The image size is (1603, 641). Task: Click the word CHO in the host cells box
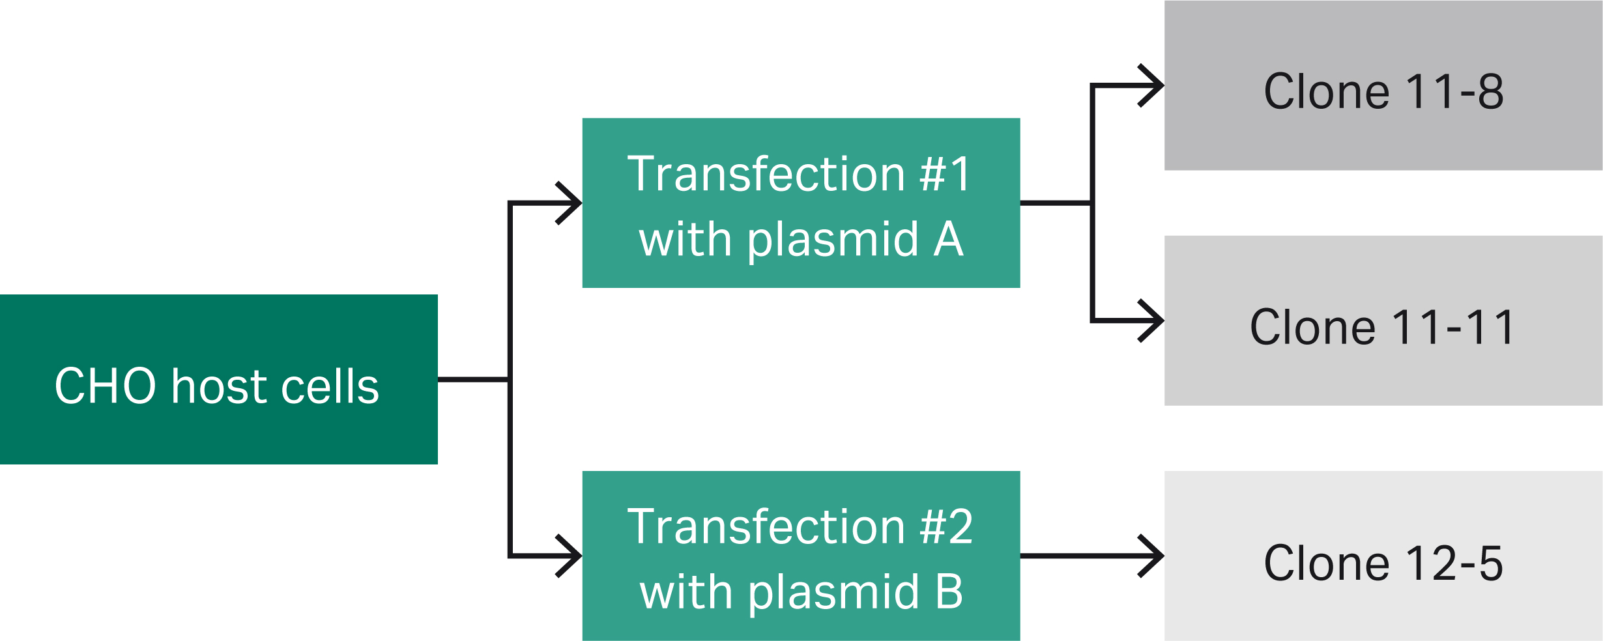(x=105, y=386)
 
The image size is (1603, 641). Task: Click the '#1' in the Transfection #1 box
(x=945, y=175)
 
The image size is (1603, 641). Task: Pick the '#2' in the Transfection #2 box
(x=946, y=527)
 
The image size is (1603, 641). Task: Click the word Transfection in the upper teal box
(x=766, y=175)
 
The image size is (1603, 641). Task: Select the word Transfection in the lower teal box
(x=766, y=527)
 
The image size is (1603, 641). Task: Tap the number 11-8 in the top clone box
(x=1454, y=91)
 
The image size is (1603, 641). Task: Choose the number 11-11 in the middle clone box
(x=1454, y=327)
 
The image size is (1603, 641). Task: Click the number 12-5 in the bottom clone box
(x=1454, y=563)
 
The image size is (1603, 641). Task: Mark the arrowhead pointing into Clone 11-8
(x=1154, y=85)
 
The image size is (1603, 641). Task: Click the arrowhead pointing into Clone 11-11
(x=1154, y=320)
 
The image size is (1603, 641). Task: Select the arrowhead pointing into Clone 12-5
(x=1154, y=556)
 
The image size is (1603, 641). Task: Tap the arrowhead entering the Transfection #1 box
(x=571, y=203)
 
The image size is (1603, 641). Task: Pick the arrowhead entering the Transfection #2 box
(x=571, y=556)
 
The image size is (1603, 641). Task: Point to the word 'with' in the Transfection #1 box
(x=685, y=240)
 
